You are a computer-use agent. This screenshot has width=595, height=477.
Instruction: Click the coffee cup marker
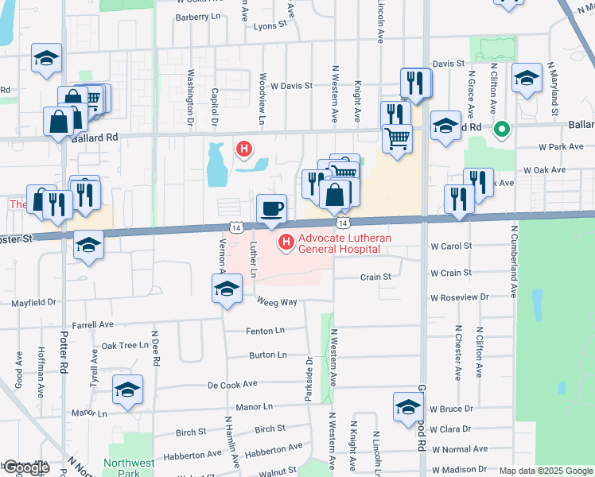coord(272,208)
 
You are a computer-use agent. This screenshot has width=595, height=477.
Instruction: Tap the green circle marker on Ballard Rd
coord(502,128)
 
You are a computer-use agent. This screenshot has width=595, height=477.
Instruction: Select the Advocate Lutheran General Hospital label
coord(338,242)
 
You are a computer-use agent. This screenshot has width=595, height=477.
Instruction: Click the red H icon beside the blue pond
coord(244,148)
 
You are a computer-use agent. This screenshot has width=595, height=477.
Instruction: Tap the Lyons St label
coord(270,25)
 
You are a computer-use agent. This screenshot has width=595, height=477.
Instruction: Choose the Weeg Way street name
coord(277,301)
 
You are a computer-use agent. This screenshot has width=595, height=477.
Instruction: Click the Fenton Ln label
coord(266,330)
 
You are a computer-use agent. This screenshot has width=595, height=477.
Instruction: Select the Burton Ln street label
coord(266,355)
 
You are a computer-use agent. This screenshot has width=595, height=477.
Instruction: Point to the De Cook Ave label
coord(232,384)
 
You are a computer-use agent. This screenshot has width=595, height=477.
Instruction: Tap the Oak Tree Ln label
coord(125,346)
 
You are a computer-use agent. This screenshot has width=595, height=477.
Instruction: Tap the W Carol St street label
coord(451,246)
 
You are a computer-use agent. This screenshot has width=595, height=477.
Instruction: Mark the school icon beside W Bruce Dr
coord(408,407)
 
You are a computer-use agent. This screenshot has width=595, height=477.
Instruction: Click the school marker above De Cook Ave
coord(126,390)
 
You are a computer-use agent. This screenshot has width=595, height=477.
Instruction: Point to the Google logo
coord(25,467)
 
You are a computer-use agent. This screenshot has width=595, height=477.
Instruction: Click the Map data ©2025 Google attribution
coord(546,471)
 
